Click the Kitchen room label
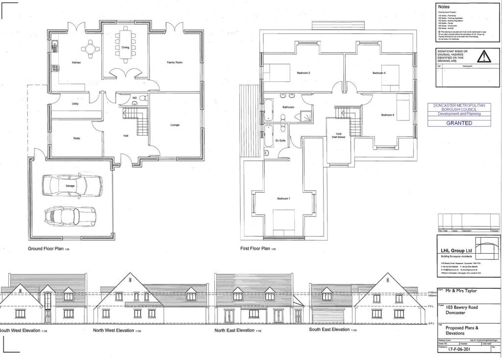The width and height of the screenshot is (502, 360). (x=76, y=63)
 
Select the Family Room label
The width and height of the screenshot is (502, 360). (x=175, y=63)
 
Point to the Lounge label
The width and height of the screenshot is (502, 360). (x=175, y=125)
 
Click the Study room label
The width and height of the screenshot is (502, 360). (x=76, y=138)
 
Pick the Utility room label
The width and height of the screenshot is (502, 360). (x=75, y=104)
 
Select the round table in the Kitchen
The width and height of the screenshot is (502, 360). (x=89, y=48)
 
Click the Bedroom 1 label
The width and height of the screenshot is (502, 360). (x=284, y=198)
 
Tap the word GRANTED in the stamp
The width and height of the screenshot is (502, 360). (x=459, y=123)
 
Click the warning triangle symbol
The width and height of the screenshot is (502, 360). (x=484, y=57)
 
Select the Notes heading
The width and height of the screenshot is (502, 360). (x=444, y=6)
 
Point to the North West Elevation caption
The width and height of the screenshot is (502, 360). (x=113, y=331)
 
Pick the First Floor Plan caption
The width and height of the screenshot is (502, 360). (x=255, y=249)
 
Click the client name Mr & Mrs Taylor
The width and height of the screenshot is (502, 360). (x=461, y=290)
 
